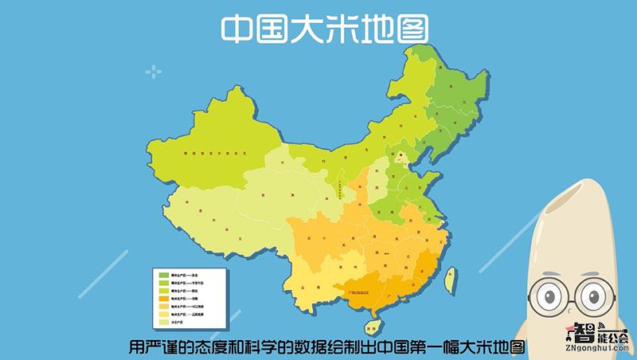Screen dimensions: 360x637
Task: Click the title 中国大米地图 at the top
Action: tap(324, 29)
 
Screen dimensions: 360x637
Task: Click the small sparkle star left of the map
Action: tap(153, 72)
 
